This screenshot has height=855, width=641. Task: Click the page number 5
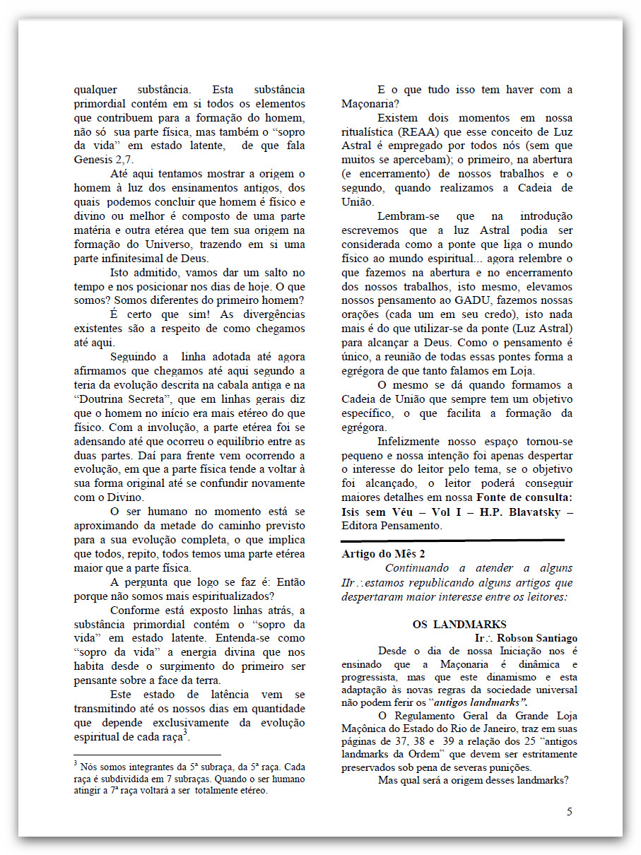(570, 811)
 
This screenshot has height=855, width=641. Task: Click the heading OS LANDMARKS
(459, 624)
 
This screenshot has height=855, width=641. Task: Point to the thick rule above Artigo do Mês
(452, 541)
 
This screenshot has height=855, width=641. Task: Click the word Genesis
(95, 160)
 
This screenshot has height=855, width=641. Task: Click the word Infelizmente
(413, 442)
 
